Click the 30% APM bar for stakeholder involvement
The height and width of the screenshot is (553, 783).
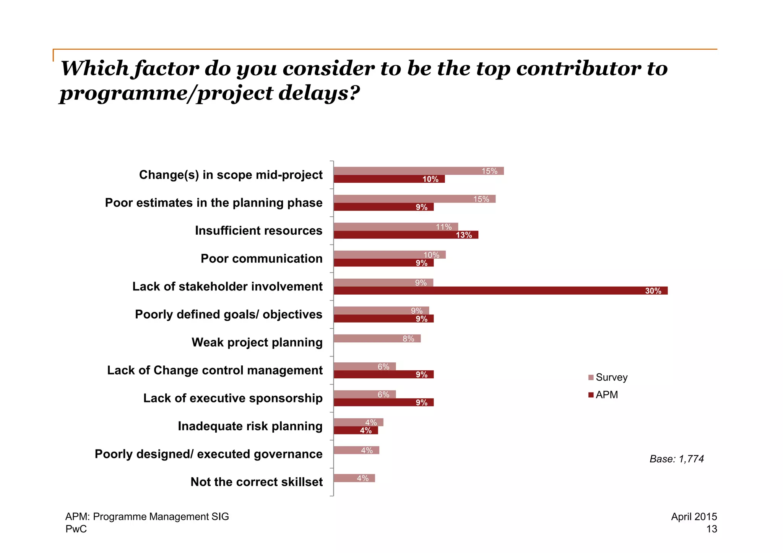point(500,290)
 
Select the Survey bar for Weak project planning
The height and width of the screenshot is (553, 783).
point(377,338)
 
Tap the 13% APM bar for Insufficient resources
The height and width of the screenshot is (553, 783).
point(406,235)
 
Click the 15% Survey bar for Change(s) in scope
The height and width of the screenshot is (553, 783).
point(418,171)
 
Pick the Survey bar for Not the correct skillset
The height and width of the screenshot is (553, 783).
point(354,478)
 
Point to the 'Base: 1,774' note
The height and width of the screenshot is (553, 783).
point(676,459)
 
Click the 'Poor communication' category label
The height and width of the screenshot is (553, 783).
point(262,258)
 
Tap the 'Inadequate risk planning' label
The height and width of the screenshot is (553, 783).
point(250,426)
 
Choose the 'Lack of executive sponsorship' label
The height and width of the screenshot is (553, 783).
point(233,398)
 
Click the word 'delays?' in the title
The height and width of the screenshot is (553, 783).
point(319,93)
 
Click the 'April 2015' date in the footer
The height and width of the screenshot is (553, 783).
point(694,516)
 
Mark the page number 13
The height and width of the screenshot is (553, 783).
point(712,529)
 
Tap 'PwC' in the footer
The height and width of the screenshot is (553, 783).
point(76,529)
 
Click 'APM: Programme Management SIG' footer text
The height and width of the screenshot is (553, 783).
point(147,516)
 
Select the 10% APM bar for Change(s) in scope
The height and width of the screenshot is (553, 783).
point(389,179)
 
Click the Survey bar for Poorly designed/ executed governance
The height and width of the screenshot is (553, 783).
point(356,450)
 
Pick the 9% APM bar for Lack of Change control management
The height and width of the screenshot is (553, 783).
point(383,374)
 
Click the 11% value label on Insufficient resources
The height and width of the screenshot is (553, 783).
point(443,227)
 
